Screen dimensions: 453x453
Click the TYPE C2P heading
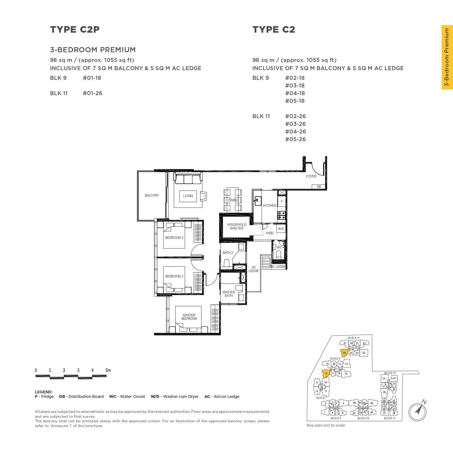[x=75, y=30]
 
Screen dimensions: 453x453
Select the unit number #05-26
[x=295, y=139]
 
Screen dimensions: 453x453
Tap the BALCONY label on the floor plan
[x=152, y=195]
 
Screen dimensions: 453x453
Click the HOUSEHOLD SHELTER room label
[x=236, y=226]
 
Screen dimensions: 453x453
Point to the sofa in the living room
[x=188, y=179]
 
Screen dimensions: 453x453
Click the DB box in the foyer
[x=319, y=187]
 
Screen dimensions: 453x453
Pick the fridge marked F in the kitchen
[x=282, y=201]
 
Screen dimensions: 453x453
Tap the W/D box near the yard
[x=281, y=229]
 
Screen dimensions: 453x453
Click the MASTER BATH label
[x=228, y=294]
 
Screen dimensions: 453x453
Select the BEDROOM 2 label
[x=174, y=276]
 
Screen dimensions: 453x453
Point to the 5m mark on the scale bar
[x=108, y=370]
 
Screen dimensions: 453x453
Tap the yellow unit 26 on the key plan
[x=344, y=353]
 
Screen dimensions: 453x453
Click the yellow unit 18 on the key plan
[x=326, y=373]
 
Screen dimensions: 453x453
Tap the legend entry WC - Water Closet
[x=127, y=396]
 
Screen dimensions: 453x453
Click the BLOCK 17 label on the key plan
[x=389, y=418]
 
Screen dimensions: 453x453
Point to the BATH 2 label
[x=228, y=253]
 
